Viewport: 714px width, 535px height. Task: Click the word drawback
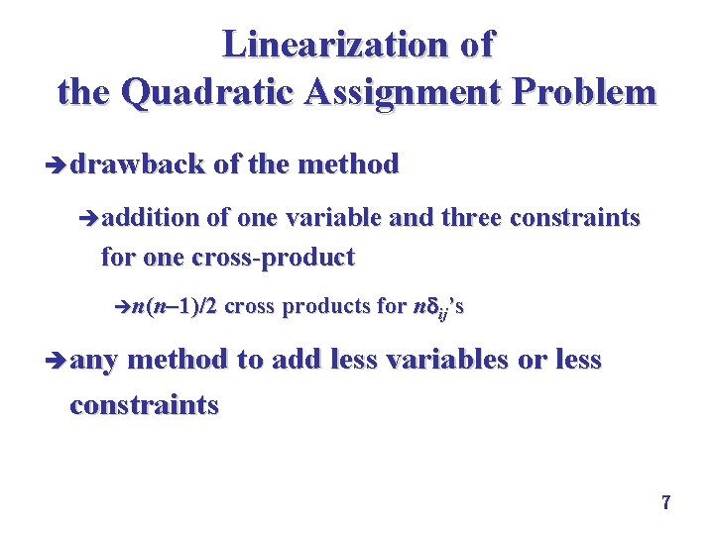138,164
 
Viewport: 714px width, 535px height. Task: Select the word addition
149,218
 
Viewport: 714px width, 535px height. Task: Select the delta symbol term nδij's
436,307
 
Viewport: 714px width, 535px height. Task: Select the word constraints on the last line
144,405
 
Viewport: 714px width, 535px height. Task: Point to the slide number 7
666,503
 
